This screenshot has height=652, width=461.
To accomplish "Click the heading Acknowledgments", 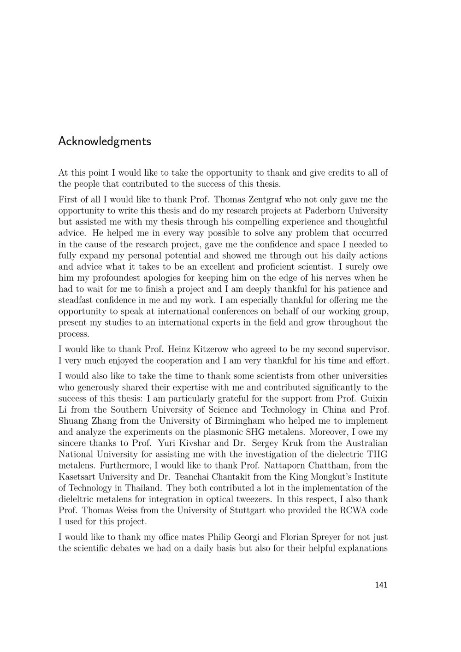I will click(105, 141).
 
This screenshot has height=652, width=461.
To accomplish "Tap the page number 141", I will click(381, 585).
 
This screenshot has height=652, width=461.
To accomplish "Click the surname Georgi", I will click(251, 537).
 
